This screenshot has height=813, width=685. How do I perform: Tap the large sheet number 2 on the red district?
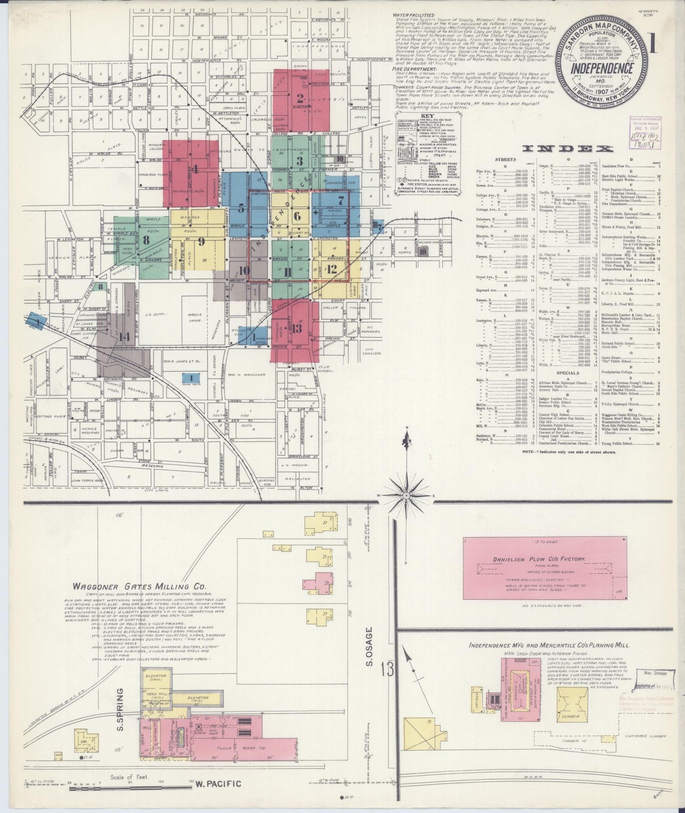[x=300, y=99]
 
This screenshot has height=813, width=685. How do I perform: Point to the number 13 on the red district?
[x=297, y=328]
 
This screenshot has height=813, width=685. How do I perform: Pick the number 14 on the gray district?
[x=125, y=337]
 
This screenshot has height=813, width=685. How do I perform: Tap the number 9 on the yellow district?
[x=201, y=241]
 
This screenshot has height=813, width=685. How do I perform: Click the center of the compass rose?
[x=406, y=495]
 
